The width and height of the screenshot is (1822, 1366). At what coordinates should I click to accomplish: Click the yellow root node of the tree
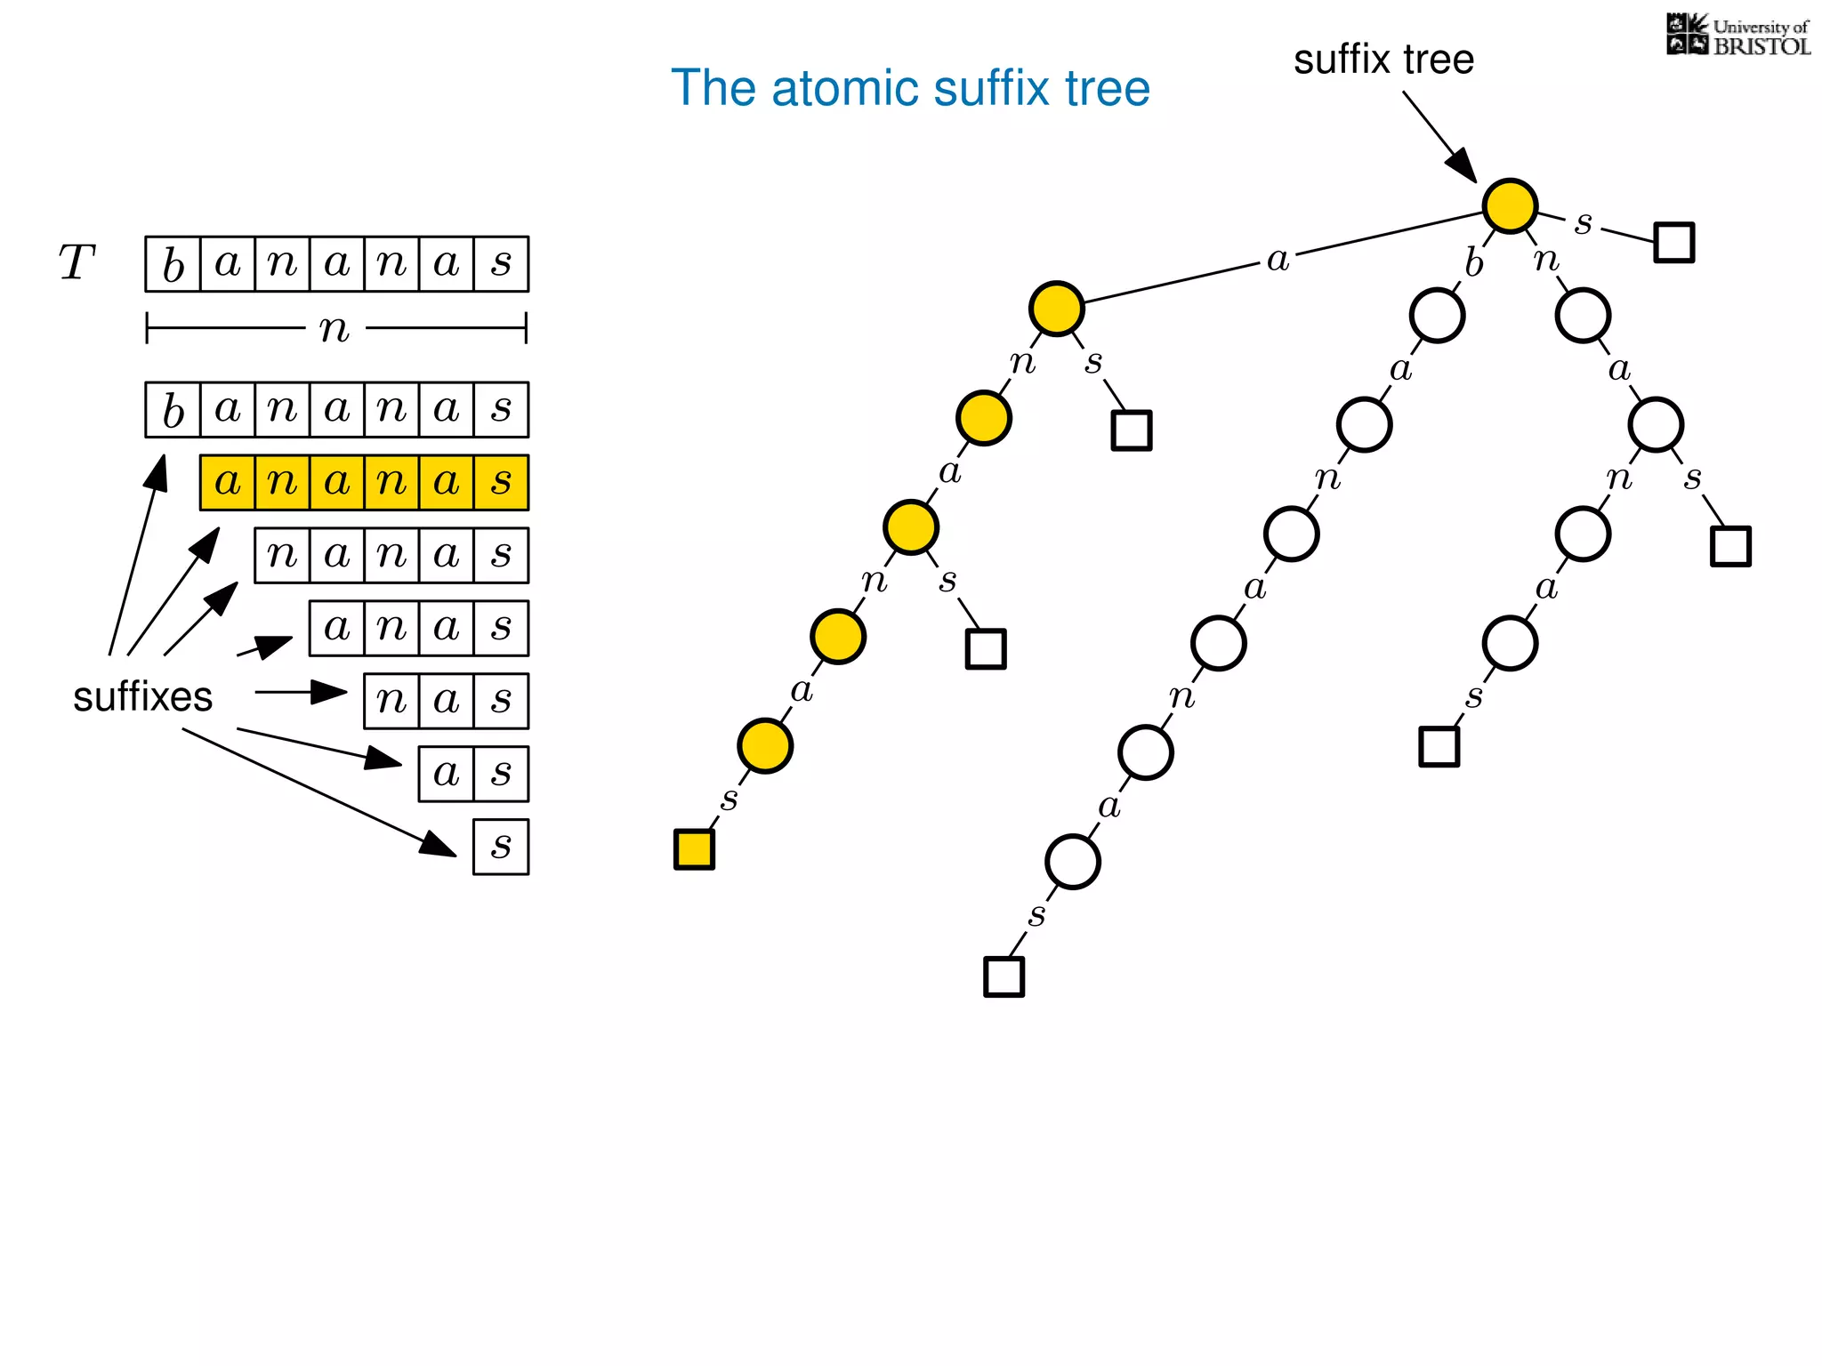pos(1510,205)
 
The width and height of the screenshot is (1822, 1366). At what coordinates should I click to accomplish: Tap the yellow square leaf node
pos(694,848)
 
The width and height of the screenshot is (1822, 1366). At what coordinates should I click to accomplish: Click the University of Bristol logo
pos(1737,36)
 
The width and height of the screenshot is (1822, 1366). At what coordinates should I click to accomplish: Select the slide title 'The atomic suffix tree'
pos(910,88)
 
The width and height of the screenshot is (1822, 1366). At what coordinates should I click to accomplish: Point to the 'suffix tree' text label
pos(1383,60)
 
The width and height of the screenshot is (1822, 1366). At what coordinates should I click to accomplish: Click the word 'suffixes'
pos(142,696)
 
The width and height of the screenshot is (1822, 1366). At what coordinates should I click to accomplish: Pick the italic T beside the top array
pos(77,263)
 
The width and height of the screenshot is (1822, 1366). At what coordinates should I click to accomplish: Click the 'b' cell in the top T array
pos(173,264)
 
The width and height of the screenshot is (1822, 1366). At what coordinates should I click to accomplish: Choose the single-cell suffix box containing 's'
pos(501,847)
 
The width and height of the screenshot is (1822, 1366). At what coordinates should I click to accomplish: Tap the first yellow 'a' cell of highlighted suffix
pos(228,483)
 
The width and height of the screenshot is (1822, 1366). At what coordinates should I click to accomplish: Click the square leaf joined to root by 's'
pos(1673,242)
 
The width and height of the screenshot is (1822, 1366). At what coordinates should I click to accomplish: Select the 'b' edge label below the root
pos(1473,263)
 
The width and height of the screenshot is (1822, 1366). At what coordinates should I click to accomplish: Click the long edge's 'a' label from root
pos(1278,260)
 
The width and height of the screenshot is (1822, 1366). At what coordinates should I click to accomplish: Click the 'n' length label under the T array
pos(335,329)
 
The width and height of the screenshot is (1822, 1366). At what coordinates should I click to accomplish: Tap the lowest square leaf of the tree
pos(1004,976)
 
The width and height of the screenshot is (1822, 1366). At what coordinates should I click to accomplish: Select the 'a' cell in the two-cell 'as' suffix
pos(446,774)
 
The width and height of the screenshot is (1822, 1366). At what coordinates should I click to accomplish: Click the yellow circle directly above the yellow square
pos(765,745)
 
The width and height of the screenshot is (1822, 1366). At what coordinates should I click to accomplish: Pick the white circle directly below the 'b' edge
pos(1437,316)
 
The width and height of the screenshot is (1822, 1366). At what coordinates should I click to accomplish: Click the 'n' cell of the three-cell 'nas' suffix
pos(391,701)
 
